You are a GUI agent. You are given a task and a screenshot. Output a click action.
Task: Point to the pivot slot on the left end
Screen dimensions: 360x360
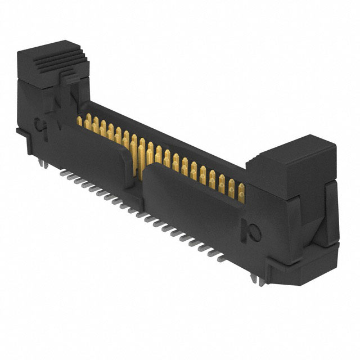[40, 123]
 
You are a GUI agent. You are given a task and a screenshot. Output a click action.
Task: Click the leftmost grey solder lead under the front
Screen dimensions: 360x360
[64, 174]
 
